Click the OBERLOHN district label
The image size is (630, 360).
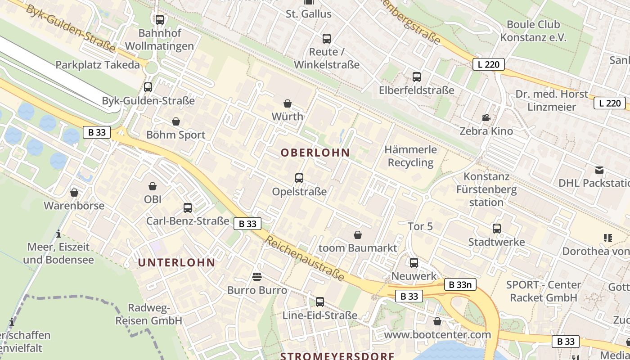pos(315,153)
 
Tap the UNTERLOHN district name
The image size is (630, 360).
pos(176,263)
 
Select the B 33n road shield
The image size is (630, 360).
pos(460,284)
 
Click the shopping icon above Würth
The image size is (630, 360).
pos(288,104)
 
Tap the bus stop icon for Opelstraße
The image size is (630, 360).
pos(299,178)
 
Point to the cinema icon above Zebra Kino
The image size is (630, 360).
pos(486,118)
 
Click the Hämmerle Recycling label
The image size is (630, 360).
pos(410,156)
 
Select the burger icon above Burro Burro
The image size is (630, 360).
pos(257,276)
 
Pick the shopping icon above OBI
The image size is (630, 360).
pos(153,186)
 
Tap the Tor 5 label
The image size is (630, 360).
pos(420,226)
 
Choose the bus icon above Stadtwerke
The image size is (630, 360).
pos(497,229)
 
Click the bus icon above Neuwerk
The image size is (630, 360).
pos(414,263)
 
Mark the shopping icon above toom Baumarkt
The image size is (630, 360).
pos(358,235)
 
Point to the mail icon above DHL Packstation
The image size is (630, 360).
pos(599,170)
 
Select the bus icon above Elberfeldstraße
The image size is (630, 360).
pos(417,77)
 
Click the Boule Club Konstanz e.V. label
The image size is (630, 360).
pos(533,31)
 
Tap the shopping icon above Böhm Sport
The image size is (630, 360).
pos(176,122)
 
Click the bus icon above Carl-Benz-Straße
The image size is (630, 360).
pos(188,208)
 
